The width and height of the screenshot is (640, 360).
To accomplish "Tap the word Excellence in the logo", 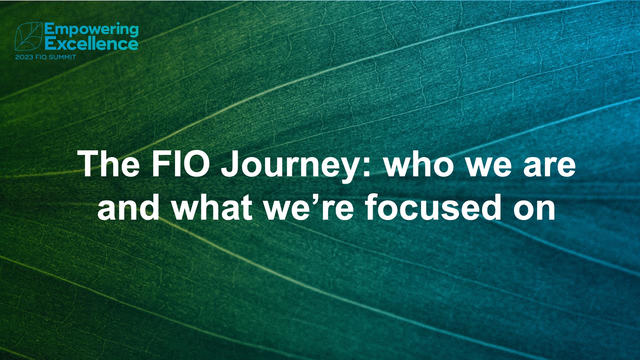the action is [x=91, y=44].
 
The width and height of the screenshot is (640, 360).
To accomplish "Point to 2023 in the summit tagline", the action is [x=24, y=57].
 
